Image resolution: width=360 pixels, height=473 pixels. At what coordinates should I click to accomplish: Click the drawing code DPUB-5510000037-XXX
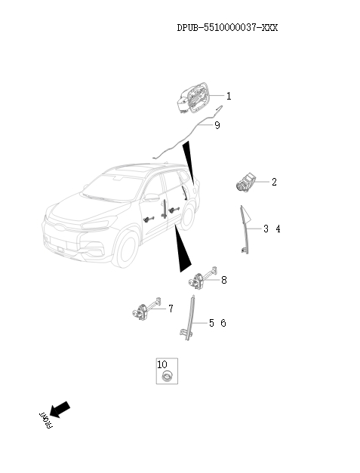[227, 28]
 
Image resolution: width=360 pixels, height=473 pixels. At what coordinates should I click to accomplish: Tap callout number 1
[229, 96]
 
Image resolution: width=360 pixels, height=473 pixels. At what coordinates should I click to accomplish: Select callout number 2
[274, 182]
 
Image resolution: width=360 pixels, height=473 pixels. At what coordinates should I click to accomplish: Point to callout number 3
[266, 229]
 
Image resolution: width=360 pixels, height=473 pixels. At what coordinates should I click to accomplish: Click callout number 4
[278, 229]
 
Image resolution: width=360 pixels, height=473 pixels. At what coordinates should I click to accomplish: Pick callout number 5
[211, 323]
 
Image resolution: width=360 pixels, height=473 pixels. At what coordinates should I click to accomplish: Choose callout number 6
[223, 323]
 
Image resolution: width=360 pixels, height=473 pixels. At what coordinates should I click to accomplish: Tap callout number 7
[171, 309]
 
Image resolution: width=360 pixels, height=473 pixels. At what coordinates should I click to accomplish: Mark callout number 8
[224, 280]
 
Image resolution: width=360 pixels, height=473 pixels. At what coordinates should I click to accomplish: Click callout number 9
[217, 125]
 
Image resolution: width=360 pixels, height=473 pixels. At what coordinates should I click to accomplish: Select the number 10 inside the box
[162, 364]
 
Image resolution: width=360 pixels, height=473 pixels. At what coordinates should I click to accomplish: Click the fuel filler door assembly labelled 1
[192, 98]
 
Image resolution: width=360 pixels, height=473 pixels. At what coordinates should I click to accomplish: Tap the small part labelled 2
[245, 182]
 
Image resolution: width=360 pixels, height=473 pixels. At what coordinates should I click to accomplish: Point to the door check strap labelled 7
[146, 309]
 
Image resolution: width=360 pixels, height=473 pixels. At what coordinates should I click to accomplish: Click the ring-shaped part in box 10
[167, 376]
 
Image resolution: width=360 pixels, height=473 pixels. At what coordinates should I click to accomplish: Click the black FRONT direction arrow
[60, 410]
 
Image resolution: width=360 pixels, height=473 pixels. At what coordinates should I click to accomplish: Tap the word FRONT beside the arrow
[46, 420]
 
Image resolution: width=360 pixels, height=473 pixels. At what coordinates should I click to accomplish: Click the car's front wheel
[127, 249]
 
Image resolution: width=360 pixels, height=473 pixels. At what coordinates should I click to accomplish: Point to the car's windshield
[112, 187]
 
